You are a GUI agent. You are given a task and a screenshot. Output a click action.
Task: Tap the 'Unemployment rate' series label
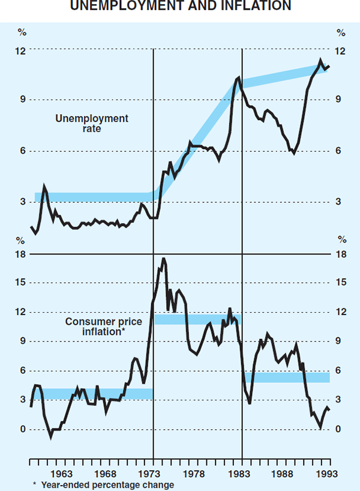pos(91,123)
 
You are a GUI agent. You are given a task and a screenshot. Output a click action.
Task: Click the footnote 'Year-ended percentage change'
pos(107,485)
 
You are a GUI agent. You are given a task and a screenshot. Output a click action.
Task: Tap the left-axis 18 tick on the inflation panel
pos(20,254)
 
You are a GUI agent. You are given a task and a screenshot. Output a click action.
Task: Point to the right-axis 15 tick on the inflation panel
pos(340,283)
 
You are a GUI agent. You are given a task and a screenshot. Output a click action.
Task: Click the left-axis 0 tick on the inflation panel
pos(22,429)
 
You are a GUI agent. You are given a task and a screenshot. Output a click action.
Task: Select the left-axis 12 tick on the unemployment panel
pos(20,51)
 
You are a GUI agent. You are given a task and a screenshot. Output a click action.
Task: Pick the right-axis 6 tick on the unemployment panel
pos(340,151)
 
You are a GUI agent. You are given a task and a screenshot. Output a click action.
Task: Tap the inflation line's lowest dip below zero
pos(51,437)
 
